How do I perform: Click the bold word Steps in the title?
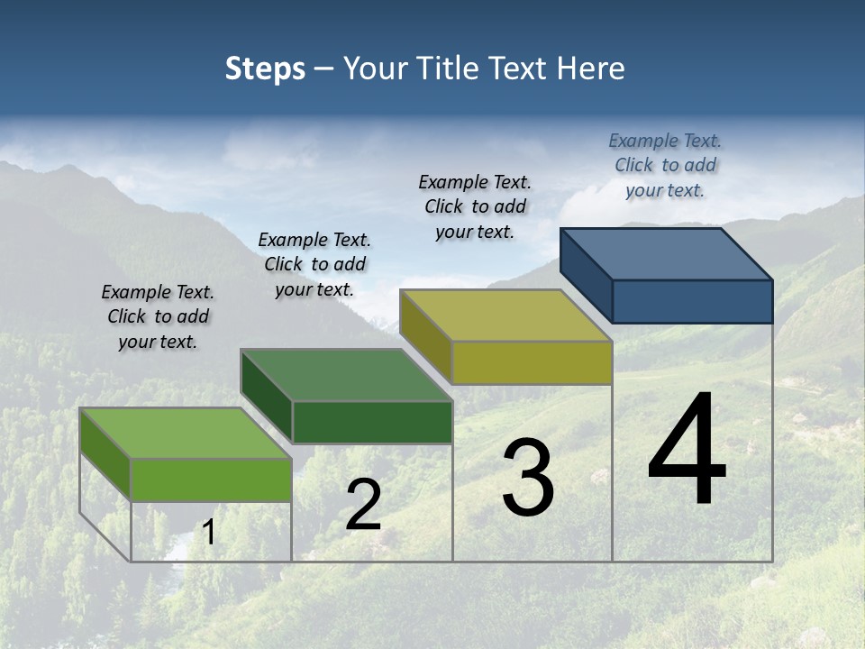point(265,69)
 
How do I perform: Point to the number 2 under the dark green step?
point(363,505)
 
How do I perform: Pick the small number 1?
point(209,533)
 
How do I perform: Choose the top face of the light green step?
point(186,433)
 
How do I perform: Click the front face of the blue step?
point(692,301)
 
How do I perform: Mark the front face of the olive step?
point(532,362)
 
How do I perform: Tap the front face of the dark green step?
point(372,422)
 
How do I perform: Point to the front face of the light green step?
point(211,480)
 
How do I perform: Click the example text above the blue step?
point(665,165)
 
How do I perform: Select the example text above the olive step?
point(475,206)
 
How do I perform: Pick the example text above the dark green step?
point(314,264)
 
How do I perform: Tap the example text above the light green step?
point(158,316)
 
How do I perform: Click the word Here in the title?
point(592,69)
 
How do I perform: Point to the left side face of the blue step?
point(587,274)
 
